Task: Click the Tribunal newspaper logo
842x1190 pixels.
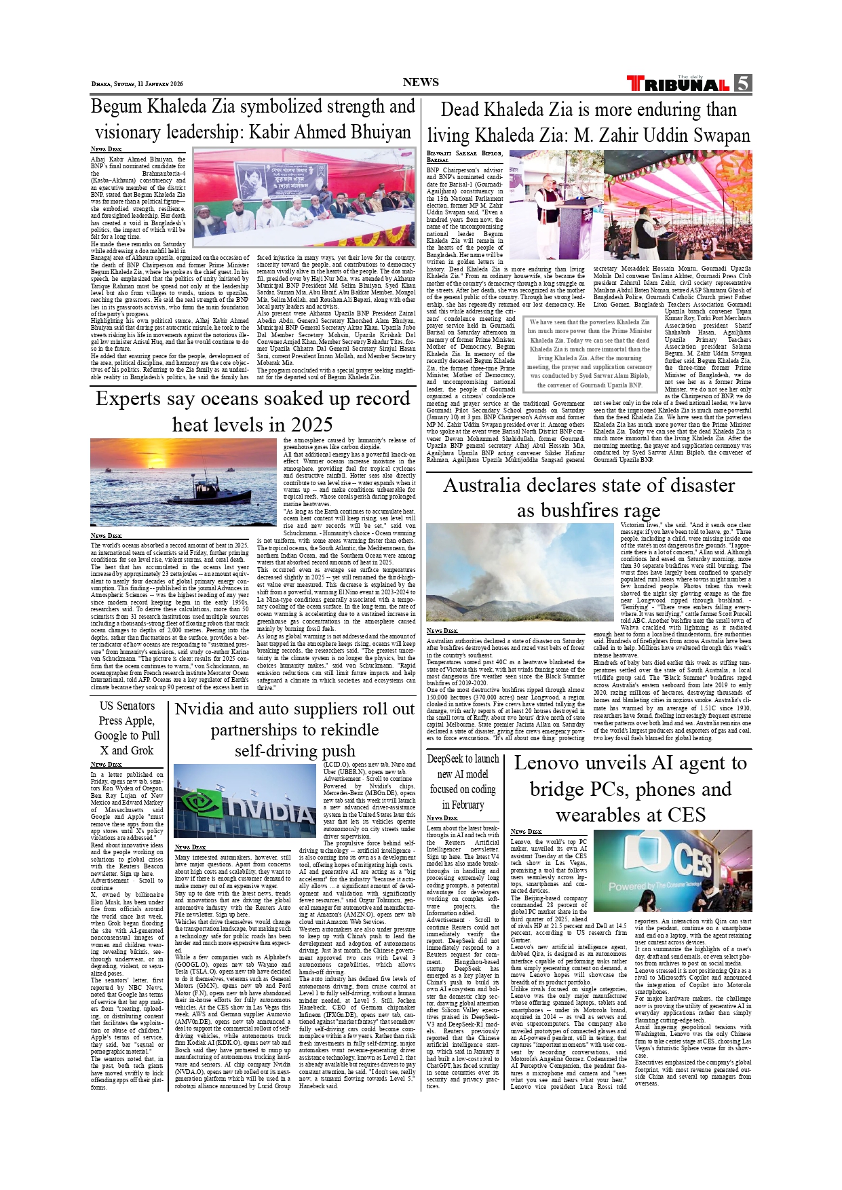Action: coord(678,84)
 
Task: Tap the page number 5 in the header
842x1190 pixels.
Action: coord(742,83)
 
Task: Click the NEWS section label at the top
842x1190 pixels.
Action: coord(421,82)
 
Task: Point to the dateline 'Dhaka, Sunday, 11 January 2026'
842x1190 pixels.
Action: coord(137,84)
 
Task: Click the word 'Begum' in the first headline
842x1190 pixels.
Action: coord(116,107)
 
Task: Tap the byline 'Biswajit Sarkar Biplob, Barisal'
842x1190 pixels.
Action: coord(464,157)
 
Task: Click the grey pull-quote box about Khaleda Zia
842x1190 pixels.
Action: coord(590,353)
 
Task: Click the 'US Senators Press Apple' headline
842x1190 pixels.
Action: coord(127,728)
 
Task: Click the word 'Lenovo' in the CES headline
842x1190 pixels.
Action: coord(551,763)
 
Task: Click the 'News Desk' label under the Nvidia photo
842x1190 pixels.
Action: coord(190,847)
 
